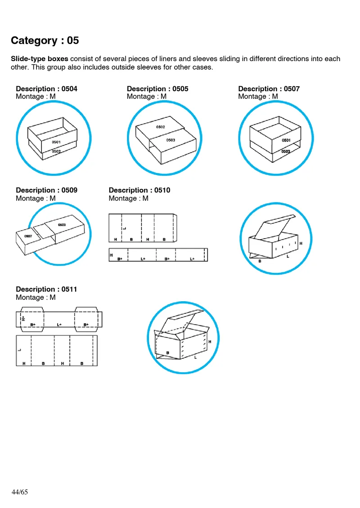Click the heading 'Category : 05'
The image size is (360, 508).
pos(45,40)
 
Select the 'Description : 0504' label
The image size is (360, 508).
pos(46,89)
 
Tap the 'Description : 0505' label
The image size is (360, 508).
pos(157,89)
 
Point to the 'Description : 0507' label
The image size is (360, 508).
pos(269,89)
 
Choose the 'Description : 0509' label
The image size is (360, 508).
pos(46,190)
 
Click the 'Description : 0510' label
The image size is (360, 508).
pos(139,190)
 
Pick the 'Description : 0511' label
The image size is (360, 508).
pos(46,289)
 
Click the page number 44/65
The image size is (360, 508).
pos(20,492)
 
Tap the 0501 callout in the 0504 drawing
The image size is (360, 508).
pos(56,142)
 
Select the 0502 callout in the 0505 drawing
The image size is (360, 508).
pos(161,127)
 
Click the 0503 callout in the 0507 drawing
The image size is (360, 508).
pos(286,152)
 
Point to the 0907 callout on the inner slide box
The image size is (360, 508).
pos(28,236)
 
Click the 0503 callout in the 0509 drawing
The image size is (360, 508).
pos(62,225)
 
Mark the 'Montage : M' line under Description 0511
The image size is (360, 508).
pos(36,297)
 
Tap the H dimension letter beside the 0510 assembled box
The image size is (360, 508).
pos(301,243)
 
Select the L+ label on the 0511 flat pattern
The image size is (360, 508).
pos(59,325)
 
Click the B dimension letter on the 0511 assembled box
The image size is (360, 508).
pos(168,353)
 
